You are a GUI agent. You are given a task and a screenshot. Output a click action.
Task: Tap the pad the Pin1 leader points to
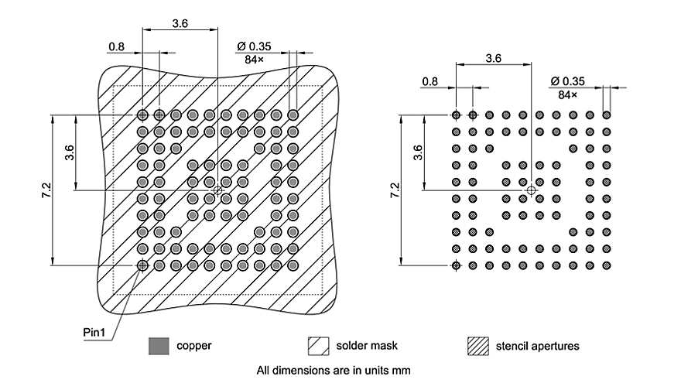pyautogui.click(x=142, y=265)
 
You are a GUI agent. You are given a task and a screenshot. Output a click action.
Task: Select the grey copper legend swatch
pyautogui.click(x=159, y=345)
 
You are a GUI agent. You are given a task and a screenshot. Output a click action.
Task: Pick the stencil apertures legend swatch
pyautogui.click(x=477, y=345)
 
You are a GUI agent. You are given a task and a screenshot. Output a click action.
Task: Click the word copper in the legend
pyautogui.click(x=193, y=345)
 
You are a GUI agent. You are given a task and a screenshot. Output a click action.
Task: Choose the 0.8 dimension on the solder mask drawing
pyautogui.click(x=116, y=46)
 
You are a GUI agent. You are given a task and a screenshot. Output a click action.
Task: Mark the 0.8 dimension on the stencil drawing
pyautogui.click(x=430, y=80)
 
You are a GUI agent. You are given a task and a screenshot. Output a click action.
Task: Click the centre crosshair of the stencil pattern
pyautogui.click(x=531, y=190)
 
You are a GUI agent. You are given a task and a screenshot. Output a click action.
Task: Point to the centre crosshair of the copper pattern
pyautogui.click(x=217, y=190)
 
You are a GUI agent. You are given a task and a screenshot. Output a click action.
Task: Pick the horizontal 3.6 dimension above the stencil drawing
pyautogui.click(x=493, y=58)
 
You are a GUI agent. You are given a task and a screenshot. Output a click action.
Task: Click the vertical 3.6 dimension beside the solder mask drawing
pyautogui.click(x=70, y=152)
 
